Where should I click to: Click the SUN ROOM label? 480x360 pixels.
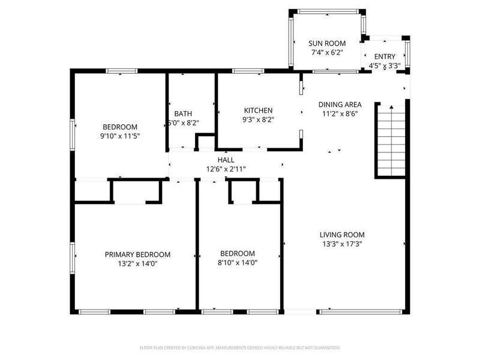(x=327, y=43)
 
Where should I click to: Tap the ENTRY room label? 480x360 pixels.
(x=385, y=56)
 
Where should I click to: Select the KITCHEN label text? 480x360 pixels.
(x=258, y=110)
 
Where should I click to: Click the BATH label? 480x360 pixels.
(x=183, y=113)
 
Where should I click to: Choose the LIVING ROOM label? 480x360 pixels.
(x=342, y=235)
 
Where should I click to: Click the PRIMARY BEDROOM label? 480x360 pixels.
(x=137, y=254)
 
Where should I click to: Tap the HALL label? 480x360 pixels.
(x=226, y=160)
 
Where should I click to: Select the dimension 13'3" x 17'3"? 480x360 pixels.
(x=342, y=244)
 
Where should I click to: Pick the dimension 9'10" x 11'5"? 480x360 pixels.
(x=120, y=136)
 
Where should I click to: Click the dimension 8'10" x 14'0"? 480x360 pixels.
(x=237, y=262)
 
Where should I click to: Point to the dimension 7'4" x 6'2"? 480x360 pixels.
(x=327, y=52)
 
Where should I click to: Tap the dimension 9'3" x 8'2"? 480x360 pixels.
(x=258, y=119)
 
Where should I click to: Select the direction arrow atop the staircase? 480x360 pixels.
(x=391, y=107)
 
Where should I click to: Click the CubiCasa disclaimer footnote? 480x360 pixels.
(x=240, y=347)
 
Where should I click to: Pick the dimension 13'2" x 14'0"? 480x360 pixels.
(x=137, y=263)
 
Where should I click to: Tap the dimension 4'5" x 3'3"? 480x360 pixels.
(x=385, y=65)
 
